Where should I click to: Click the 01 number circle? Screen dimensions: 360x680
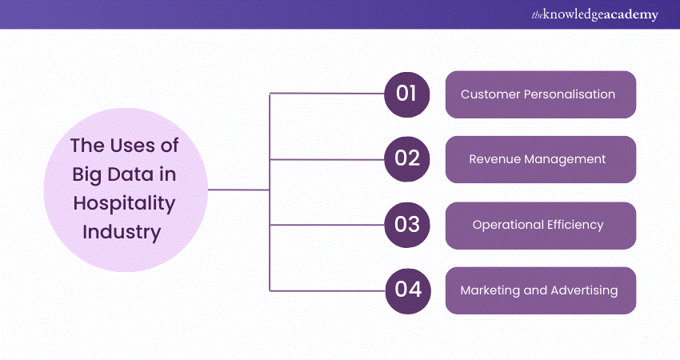[x=407, y=94]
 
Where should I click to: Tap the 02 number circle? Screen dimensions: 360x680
[x=407, y=158]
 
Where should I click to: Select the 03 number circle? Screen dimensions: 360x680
[x=407, y=225]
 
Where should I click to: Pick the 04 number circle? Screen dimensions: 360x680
[x=407, y=290]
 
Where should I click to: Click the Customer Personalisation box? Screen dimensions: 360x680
[x=540, y=94]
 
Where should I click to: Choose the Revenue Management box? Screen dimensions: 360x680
[x=540, y=159]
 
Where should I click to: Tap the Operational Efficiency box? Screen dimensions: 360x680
[x=540, y=225]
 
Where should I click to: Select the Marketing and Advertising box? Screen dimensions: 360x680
[x=540, y=290]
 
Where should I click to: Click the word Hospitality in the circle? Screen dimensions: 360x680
[x=124, y=203]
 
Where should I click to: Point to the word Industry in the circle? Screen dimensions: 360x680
[x=124, y=232]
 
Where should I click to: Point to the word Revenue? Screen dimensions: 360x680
[x=495, y=159]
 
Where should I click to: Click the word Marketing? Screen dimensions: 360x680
[x=489, y=290]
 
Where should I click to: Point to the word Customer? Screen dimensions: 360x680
[x=490, y=94]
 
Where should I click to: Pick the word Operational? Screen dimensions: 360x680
[x=502, y=225]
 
